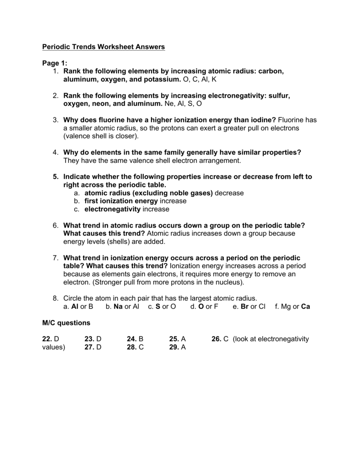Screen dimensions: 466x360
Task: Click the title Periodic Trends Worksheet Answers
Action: point(103,47)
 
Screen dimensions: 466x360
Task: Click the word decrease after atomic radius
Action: point(229,193)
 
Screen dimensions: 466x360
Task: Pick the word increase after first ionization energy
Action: point(173,201)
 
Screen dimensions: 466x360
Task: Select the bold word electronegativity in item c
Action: point(113,209)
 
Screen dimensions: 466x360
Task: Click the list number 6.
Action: point(55,225)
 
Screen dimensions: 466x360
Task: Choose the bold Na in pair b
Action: point(119,307)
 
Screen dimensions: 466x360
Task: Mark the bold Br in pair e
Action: point(244,307)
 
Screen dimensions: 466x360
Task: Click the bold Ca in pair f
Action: point(305,307)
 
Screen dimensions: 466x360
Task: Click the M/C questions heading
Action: point(66,323)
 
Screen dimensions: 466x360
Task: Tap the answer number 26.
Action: point(217,339)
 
